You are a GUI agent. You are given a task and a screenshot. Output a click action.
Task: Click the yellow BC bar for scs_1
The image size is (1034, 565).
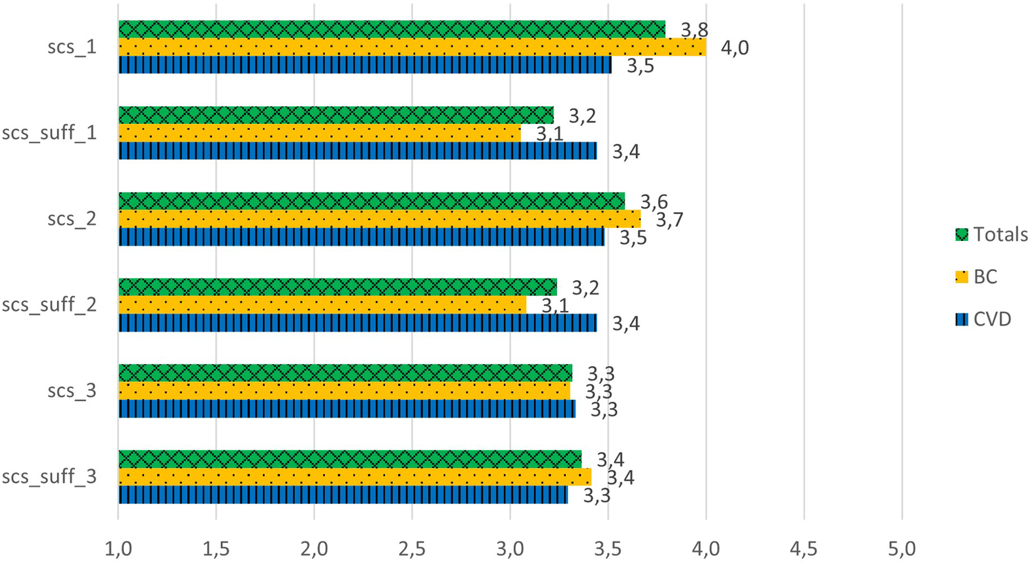coord(412,47)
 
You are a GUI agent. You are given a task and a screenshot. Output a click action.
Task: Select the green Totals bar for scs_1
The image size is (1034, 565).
coord(392,30)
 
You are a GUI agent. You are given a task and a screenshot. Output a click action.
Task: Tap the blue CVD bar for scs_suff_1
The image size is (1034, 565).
coord(357,151)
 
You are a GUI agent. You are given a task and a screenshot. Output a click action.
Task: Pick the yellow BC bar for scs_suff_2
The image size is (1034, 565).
coord(322,305)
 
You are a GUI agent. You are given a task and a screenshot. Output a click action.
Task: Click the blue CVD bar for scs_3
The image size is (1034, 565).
coord(346,409)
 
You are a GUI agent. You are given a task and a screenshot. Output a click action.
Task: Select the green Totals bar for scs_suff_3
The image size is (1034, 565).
coord(350,459)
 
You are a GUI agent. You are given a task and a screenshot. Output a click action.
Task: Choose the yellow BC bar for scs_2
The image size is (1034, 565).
coord(379,219)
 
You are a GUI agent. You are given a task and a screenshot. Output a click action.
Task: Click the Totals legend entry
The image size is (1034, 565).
coord(991,235)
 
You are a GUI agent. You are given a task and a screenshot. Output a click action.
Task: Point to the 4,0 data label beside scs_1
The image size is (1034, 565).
coord(735,48)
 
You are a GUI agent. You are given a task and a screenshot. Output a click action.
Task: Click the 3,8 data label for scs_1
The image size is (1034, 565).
coord(695,30)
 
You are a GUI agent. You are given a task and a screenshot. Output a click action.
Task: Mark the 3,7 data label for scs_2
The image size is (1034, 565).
coord(668,220)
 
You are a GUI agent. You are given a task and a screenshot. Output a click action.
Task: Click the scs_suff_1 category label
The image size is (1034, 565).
coord(49,133)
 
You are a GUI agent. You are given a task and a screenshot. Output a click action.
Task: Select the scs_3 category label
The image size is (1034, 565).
coord(72,391)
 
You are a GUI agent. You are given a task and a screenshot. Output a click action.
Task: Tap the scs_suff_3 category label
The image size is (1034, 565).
coord(49,477)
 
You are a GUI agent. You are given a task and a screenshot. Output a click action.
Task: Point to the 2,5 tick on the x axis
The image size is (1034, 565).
coord(412,549)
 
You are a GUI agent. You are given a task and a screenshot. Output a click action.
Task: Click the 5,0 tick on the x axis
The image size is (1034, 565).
coord(902,549)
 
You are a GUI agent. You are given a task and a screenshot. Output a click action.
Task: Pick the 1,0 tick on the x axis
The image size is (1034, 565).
coord(118,549)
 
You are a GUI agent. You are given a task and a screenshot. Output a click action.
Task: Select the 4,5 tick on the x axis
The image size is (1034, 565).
coord(803,549)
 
